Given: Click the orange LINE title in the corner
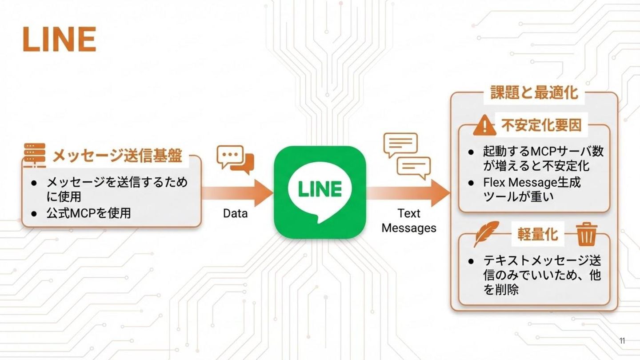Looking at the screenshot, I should tap(59, 39).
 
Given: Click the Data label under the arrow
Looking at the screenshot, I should tap(235, 213).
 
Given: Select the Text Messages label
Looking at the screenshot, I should tap(409, 220).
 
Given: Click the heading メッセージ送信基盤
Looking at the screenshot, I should tap(117, 156).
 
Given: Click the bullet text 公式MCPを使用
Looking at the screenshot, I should tap(88, 213).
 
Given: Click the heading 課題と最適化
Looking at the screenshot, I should tap(534, 92).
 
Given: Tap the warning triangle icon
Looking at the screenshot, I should tap(484, 126).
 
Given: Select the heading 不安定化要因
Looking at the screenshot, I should tap(541, 125).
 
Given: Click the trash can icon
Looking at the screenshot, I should tap(587, 234).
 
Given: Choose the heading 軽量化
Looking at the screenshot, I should tap(537, 234).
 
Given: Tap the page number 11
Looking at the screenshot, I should tap(622, 341).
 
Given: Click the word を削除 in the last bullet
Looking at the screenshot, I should tap(501, 290).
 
